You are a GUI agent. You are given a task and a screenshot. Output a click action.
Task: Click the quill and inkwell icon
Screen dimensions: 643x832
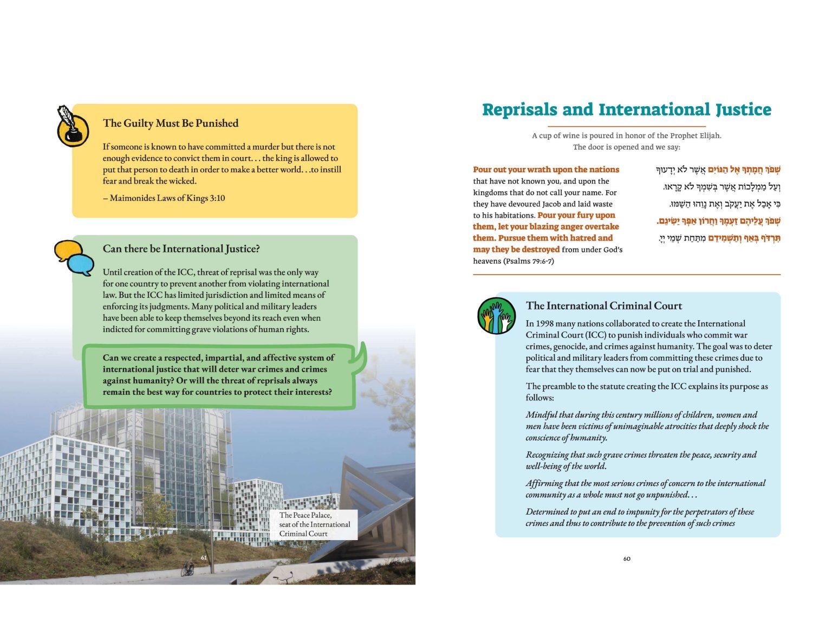pos(72,126)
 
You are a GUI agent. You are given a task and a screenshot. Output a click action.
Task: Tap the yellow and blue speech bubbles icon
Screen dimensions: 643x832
pos(74,257)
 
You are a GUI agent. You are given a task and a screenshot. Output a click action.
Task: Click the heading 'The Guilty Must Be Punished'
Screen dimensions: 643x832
pos(171,124)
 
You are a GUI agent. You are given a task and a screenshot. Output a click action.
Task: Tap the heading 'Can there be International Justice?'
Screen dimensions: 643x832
pos(181,249)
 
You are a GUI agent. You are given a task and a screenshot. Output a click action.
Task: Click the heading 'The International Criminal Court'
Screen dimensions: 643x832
pos(603,306)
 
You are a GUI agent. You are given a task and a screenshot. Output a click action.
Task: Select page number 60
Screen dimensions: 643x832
pos(627,558)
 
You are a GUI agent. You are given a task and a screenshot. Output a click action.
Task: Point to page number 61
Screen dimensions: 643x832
pos(204,557)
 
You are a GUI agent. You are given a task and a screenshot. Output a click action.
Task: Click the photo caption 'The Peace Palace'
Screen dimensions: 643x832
pos(305,515)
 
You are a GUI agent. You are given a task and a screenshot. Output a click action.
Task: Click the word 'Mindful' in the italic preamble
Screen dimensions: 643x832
pos(541,415)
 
